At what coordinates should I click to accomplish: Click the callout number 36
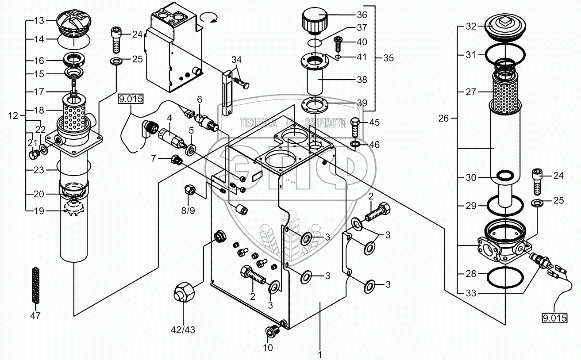pos(362,15)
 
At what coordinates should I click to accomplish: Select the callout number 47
pos(35,316)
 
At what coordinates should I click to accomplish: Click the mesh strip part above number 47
pos(36,284)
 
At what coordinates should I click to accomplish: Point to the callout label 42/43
pos(183,330)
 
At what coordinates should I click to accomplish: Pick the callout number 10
pos(268,348)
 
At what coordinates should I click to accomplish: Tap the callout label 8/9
pos(188,211)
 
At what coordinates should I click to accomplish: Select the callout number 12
pos(13,115)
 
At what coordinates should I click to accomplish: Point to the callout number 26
pos(443,119)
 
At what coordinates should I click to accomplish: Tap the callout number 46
pos(374,145)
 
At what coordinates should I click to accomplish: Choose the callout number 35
pos(389,58)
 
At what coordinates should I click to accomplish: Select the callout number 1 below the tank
pos(320,355)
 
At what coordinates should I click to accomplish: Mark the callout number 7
pos(154,158)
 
